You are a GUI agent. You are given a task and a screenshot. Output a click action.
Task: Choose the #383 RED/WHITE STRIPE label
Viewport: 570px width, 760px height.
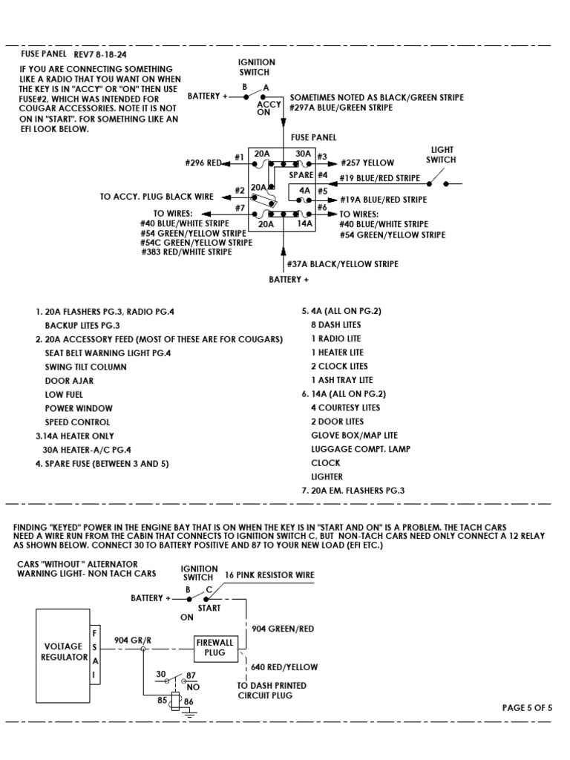186,252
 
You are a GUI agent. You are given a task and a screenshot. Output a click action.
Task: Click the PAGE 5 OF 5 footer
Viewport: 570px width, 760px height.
527,707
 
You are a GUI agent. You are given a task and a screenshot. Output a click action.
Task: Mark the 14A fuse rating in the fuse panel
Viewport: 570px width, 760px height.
304,223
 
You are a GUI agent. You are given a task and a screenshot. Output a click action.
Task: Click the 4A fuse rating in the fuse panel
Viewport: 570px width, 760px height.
304,190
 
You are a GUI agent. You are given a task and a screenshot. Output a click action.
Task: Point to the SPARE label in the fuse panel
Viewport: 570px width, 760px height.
301,175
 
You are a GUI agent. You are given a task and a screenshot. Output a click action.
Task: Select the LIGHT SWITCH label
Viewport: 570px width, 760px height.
440,154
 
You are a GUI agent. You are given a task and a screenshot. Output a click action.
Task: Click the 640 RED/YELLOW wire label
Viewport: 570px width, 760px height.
285,667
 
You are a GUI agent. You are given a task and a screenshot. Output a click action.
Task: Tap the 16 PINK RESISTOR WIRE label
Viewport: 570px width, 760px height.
269,575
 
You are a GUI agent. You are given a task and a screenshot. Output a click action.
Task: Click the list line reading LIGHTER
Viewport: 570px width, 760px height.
327,476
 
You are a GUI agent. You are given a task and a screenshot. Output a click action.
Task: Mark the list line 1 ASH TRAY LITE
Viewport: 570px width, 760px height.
341,380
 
